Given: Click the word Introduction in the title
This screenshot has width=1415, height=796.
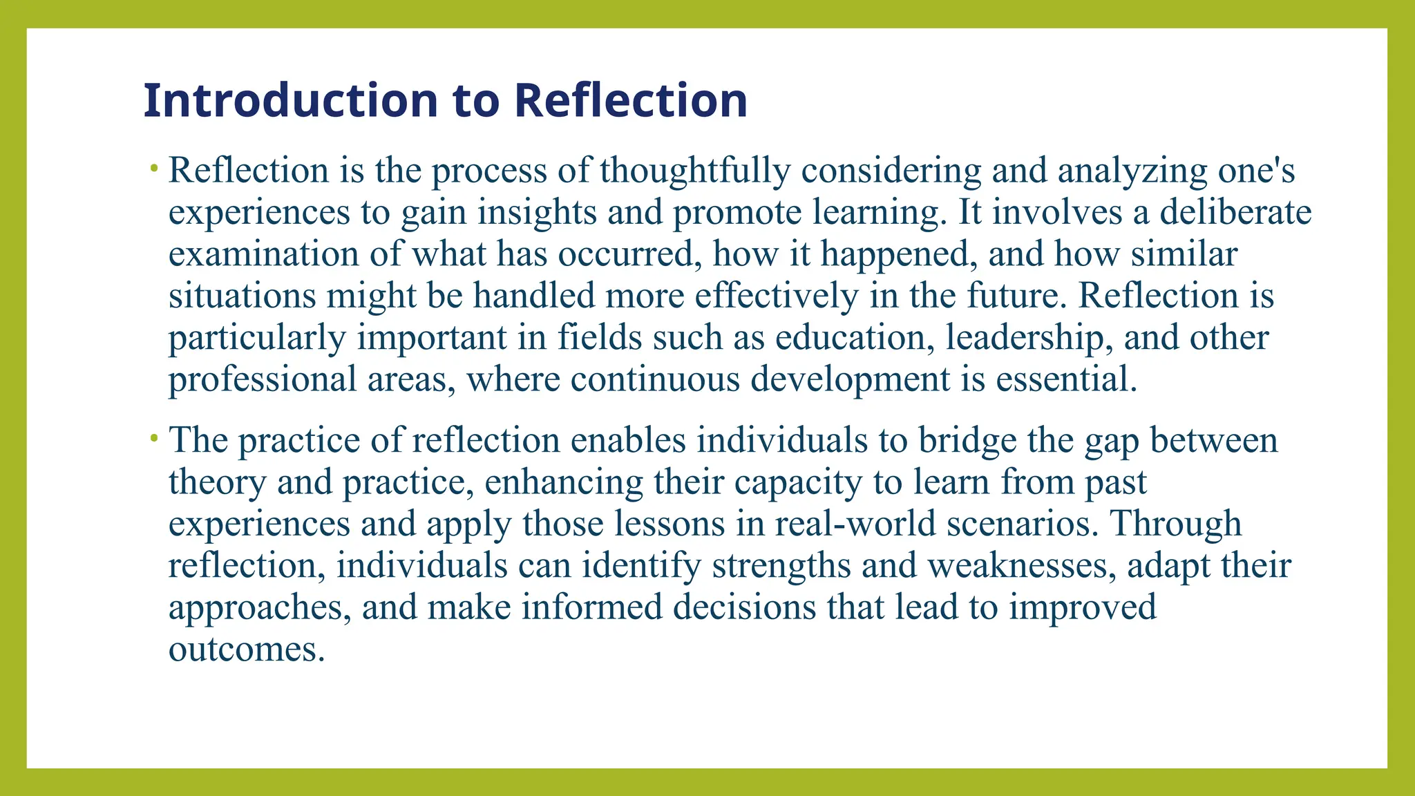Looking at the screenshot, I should (291, 101).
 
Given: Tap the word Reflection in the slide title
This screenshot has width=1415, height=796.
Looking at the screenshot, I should (631, 101).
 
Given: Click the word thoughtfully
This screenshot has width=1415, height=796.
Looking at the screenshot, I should (695, 171).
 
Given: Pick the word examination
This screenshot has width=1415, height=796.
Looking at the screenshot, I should (263, 254).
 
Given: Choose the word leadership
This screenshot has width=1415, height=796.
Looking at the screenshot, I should (1029, 338).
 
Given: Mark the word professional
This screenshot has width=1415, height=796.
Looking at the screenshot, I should (263, 379).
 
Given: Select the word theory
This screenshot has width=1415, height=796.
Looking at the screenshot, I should (217, 482).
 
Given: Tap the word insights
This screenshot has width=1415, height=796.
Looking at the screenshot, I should (537, 212).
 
